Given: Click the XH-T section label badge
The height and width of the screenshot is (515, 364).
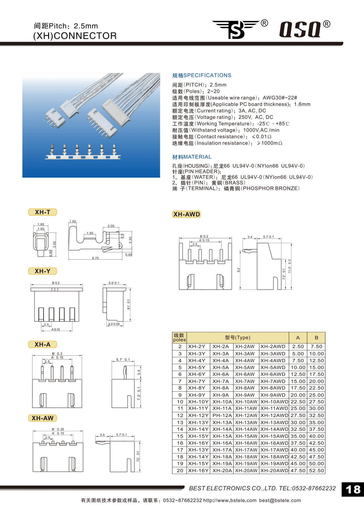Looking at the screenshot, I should click(x=42, y=212).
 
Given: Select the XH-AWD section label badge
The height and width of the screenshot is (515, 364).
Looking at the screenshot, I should click(x=186, y=214).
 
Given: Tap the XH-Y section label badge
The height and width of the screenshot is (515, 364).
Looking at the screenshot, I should click(x=42, y=271).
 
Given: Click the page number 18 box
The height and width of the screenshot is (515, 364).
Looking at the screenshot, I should click(x=353, y=490).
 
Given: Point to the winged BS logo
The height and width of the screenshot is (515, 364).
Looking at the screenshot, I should click(x=236, y=29).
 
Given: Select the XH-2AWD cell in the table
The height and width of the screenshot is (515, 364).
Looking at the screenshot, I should click(x=273, y=347).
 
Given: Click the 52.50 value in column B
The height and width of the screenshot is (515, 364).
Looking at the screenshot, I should click(x=317, y=470).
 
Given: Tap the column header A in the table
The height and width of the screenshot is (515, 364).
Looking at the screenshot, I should click(x=298, y=338).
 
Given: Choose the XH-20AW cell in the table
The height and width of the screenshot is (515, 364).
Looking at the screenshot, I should click(x=246, y=470).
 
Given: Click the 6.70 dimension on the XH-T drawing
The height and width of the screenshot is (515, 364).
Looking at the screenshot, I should click(x=95, y=258).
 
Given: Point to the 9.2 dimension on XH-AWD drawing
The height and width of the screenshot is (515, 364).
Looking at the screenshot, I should click(x=238, y=270).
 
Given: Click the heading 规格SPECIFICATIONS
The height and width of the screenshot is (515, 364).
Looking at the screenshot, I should click(x=201, y=75).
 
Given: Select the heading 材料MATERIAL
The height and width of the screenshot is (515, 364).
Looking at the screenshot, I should click(x=192, y=157).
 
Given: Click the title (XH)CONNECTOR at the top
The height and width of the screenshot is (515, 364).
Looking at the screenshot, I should click(x=75, y=36).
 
